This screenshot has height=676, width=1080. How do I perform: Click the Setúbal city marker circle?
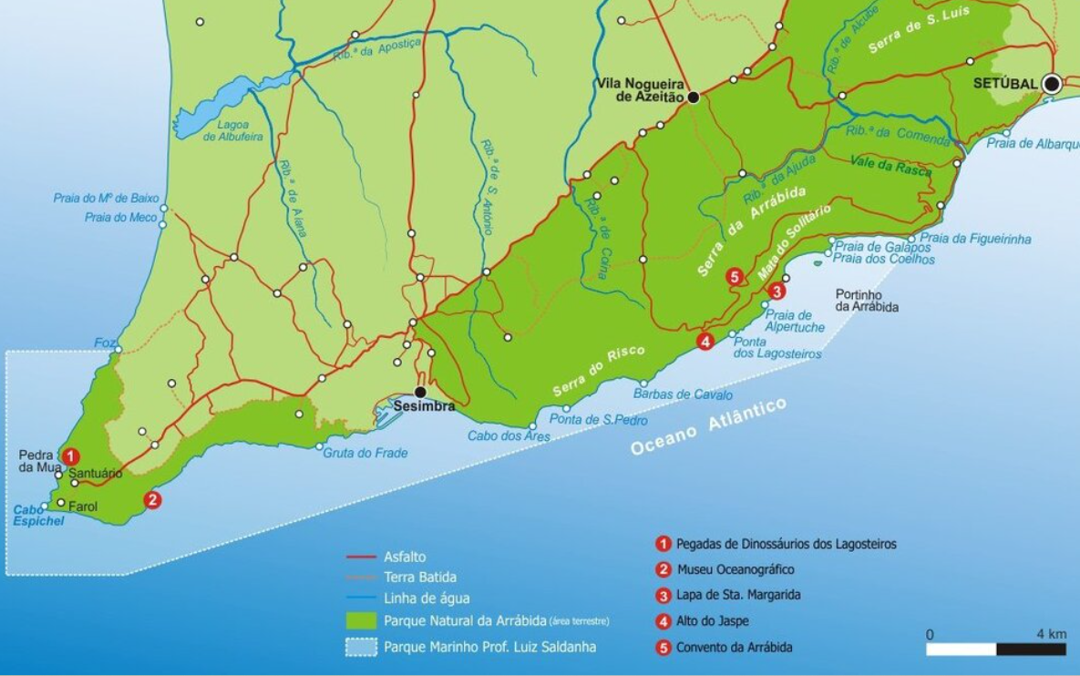point(1052,84)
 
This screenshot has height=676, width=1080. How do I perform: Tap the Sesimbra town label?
point(424,407)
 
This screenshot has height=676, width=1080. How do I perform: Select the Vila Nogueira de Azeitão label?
point(640,89)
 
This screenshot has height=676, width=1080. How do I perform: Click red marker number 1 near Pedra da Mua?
point(71,456)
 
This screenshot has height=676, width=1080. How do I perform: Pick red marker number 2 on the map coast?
point(153,499)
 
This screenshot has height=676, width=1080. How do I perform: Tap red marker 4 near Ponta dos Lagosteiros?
point(705,342)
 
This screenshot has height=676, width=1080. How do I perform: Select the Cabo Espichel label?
point(38,516)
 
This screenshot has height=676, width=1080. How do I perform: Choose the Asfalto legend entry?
point(405,557)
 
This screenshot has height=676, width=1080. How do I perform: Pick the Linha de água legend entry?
point(427,599)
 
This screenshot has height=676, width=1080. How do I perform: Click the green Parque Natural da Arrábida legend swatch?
point(361,621)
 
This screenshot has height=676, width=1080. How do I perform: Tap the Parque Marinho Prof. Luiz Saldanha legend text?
point(490,648)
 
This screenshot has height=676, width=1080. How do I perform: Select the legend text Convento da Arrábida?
point(734,648)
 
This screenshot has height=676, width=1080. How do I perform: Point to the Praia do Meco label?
point(120,217)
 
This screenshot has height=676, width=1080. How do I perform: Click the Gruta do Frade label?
point(365,453)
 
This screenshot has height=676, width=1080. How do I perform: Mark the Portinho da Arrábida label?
point(867,301)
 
